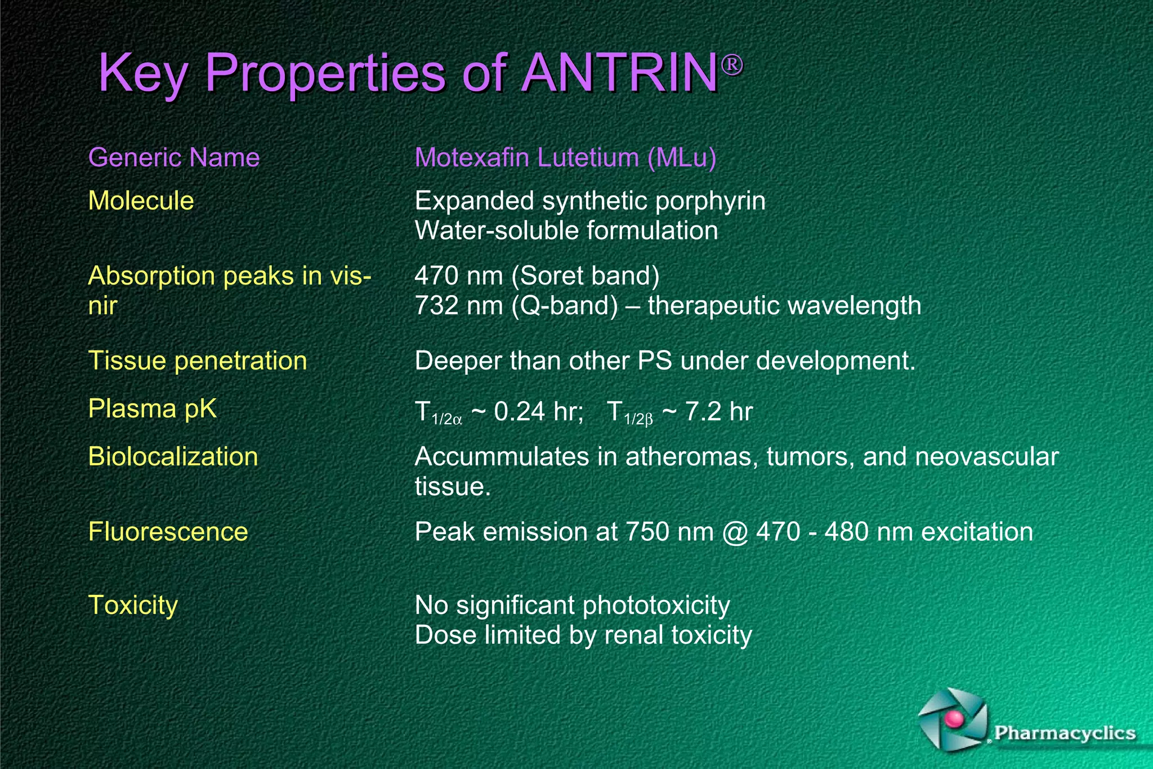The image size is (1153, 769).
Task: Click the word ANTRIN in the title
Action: [x=619, y=73]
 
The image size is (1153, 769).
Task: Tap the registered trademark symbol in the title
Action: [x=732, y=65]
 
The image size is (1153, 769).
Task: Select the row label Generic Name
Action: [x=174, y=157]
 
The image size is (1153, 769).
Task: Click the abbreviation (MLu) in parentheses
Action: [x=682, y=157]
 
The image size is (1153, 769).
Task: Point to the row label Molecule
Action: [x=141, y=201]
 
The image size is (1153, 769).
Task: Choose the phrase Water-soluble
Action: [x=497, y=230]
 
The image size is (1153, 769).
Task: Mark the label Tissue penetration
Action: [x=198, y=361]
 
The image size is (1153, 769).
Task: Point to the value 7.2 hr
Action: [x=719, y=411]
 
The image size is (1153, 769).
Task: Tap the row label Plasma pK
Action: [x=152, y=408]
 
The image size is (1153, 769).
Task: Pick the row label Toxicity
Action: [x=133, y=605]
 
